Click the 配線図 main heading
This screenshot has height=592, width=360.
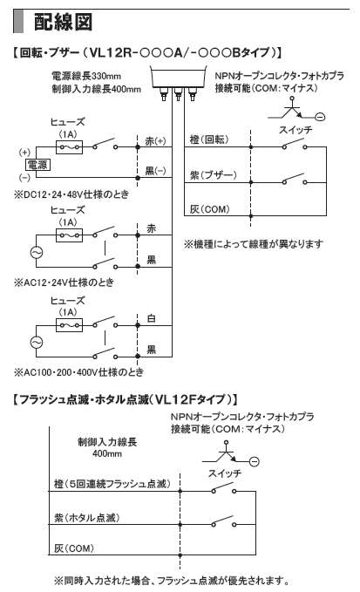(x=63, y=22)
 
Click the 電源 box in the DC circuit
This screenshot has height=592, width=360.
(x=37, y=165)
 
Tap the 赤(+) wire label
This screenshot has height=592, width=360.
(x=155, y=141)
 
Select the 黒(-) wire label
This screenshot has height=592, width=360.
(x=155, y=171)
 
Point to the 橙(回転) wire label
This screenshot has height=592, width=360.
(x=209, y=139)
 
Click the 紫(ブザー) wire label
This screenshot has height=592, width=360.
(x=214, y=174)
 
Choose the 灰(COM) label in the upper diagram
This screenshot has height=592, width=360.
(x=209, y=209)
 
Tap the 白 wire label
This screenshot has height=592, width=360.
(x=152, y=318)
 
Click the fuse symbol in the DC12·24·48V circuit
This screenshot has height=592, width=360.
(x=69, y=146)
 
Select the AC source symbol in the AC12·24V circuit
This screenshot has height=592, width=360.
(x=37, y=252)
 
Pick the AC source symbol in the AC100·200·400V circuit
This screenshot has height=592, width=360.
(x=37, y=342)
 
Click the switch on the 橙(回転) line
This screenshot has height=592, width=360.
(x=295, y=144)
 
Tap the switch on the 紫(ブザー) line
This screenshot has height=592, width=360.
(x=295, y=180)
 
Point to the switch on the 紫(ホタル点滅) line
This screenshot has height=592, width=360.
(x=224, y=521)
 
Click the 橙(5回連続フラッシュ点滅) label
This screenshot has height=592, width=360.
(x=112, y=484)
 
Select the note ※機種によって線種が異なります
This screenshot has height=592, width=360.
(x=254, y=244)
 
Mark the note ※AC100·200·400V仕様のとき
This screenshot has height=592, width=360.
(x=78, y=372)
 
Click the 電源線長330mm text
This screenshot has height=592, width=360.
(x=86, y=76)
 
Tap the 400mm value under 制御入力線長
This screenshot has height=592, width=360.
(x=107, y=453)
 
